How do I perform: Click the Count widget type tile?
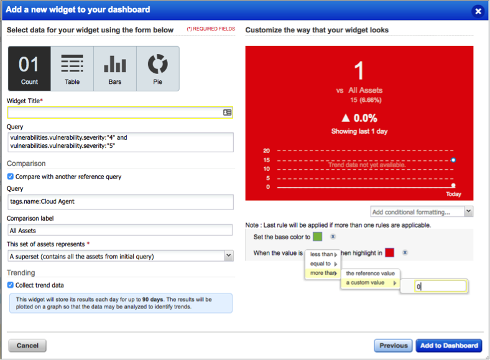coord(29,69)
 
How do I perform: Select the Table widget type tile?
coord(72,69)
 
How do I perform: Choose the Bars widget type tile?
coord(115,69)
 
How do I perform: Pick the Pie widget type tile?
coord(158,69)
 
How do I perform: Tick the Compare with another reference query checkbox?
coord(11,177)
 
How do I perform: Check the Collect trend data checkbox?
coord(11,285)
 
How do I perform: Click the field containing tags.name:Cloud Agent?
coord(120,202)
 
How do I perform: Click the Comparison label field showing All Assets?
coord(120,230)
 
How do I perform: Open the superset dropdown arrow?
coord(229,256)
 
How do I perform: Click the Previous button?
coord(394,346)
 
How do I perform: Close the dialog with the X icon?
coord(478,11)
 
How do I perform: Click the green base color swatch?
coord(318,236)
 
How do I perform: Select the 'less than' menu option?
coord(323,254)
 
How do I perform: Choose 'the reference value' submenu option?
coord(371,274)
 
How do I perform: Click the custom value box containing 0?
coord(441,286)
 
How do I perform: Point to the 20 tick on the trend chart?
coord(266,150)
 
